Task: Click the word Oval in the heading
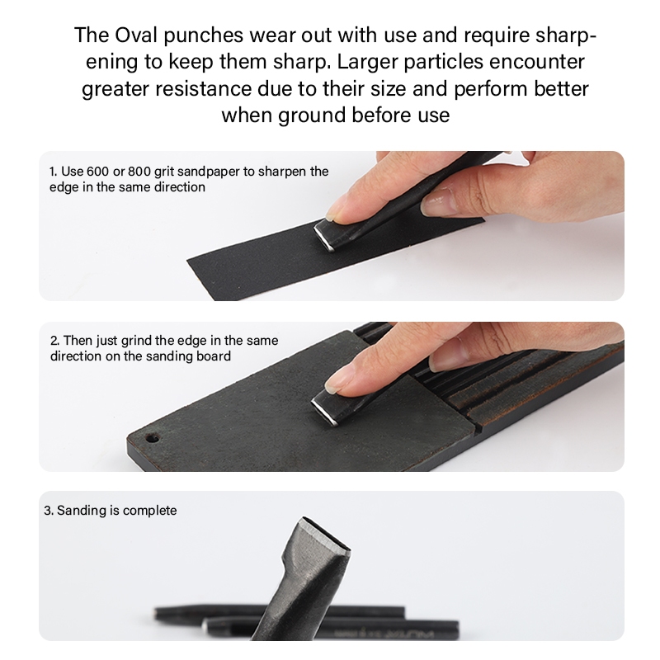pos(135,35)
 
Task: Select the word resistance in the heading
pos(203,89)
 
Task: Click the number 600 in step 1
pos(97,172)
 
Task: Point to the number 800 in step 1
pos(139,172)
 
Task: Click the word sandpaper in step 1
pos(199,172)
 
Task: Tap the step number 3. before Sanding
pos(49,511)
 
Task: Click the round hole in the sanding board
pos(152,439)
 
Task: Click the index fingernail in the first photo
pos(335,211)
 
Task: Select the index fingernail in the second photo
pos(336,383)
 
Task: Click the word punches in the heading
pos(203,35)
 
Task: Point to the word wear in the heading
pos(272,35)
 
